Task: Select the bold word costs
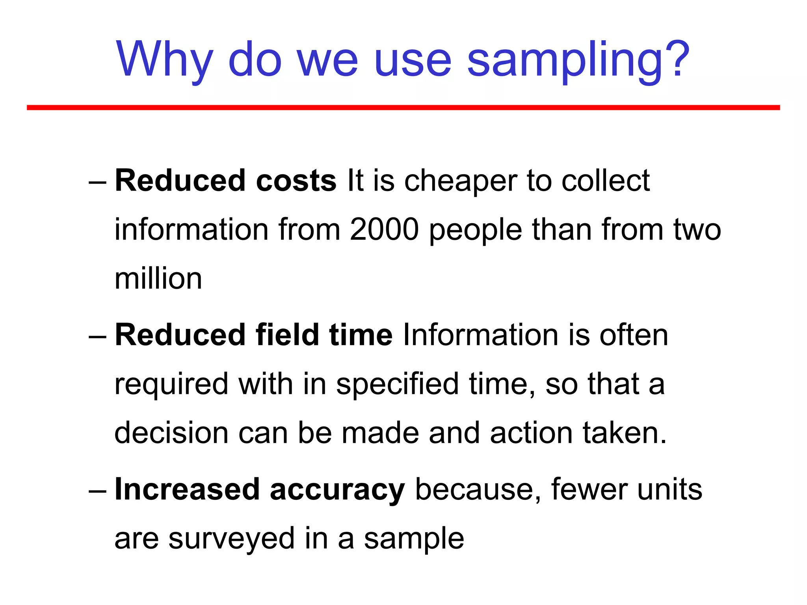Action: tap(296, 181)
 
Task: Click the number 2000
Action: tap(384, 230)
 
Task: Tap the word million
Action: tap(158, 278)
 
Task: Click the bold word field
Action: tap(287, 335)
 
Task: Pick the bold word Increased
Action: tap(187, 490)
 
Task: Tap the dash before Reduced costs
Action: tap(97, 183)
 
